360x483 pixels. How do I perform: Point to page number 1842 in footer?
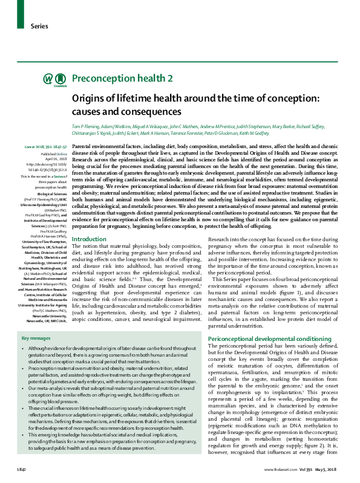[21, 469]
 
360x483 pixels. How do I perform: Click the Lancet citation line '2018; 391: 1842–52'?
[50, 147]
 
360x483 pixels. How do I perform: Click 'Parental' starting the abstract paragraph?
[83, 147]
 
